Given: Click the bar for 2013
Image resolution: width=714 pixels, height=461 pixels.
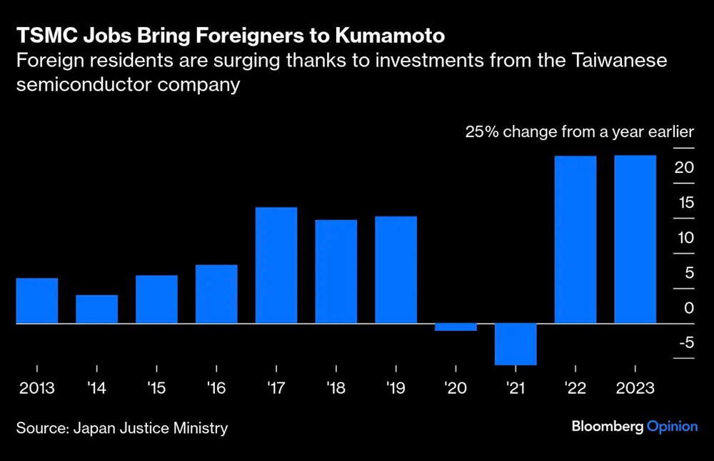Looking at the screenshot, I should click(x=37, y=301).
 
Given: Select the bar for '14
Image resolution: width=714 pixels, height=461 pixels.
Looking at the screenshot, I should click(x=96, y=309).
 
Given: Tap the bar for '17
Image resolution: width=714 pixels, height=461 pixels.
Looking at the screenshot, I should click(x=276, y=265).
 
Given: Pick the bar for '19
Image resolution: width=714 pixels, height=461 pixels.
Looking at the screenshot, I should click(x=396, y=270).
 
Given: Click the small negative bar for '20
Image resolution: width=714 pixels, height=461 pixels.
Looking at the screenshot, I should click(x=456, y=327).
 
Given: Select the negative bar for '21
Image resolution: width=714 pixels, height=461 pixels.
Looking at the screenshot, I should click(x=516, y=344).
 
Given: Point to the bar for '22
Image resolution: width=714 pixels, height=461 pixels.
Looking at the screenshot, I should click(x=575, y=239).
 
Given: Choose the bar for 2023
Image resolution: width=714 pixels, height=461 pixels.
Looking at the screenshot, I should click(x=635, y=239).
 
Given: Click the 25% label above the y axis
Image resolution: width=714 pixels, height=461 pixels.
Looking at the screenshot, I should click(x=478, y=132).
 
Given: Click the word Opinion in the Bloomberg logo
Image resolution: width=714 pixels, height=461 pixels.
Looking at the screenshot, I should click(x=672, y=427).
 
